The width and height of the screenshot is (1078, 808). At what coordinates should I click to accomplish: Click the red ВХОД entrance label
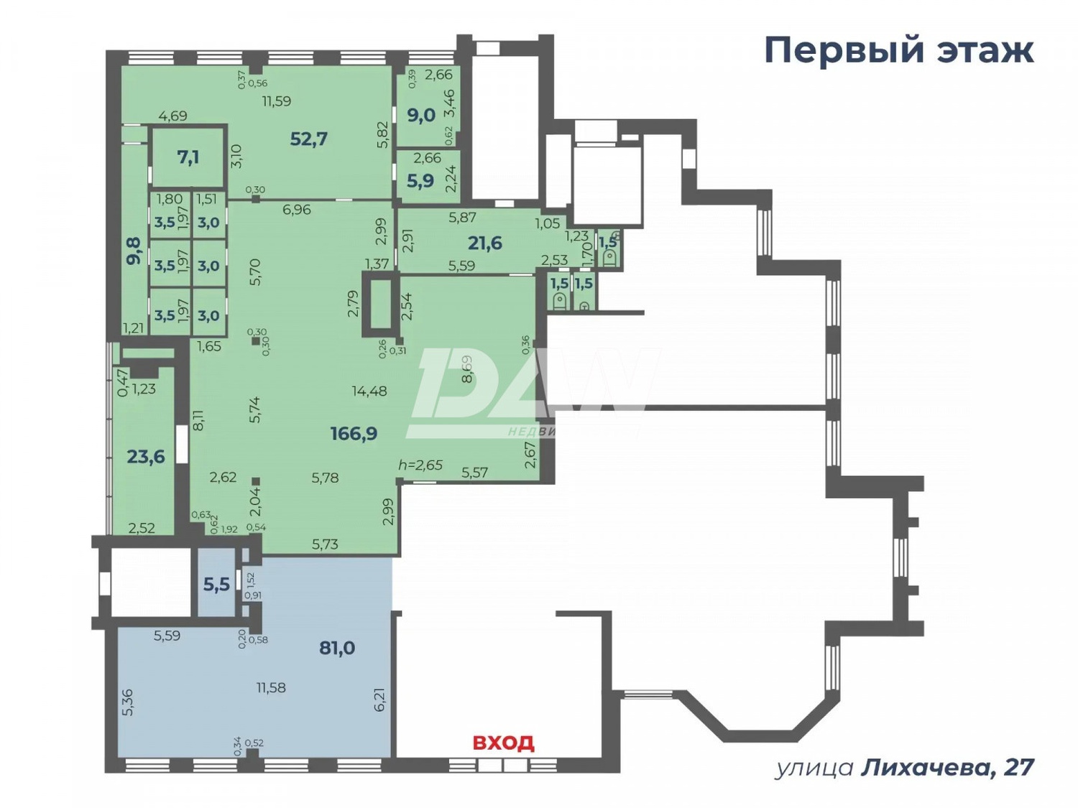click(x=503, y=742)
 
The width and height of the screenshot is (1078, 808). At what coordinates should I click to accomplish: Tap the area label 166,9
click(x=354, y=434)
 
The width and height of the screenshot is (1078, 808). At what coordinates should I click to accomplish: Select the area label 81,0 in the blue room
click(x=337, y=648)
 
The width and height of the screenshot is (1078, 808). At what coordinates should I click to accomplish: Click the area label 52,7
click(x=308, y=139)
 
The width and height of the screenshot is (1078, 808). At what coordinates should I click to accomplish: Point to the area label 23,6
click(x=146, y=457)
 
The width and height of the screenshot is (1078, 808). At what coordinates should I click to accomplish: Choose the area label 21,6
click(x=485, y=243)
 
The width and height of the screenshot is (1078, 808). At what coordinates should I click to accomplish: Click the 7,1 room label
click(x=188, y=157)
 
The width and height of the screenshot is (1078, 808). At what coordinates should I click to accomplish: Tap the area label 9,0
click(x=421, y=115)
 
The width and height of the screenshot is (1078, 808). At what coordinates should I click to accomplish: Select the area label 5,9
click(x=420, y=180)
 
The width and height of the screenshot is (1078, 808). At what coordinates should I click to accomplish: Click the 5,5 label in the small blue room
click(x=216, y=585)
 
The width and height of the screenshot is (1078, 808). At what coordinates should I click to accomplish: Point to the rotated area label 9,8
click(x=134, y=251)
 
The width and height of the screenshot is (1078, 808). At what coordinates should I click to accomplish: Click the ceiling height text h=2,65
click(x=420, y=465)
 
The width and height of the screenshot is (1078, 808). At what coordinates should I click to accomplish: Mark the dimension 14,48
click(x=369, y=391)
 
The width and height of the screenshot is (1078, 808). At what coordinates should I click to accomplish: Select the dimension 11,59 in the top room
click(x=276, y=101)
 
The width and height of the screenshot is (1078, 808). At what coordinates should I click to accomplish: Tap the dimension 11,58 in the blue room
click(x=271, y=687)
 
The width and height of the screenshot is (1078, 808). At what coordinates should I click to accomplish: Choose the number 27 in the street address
click(x=1018, y=768)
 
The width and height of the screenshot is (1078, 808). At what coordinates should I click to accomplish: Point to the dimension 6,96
click(x=296, y=210)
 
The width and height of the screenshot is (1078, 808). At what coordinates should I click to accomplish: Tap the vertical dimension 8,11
click(x=199, y=420)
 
